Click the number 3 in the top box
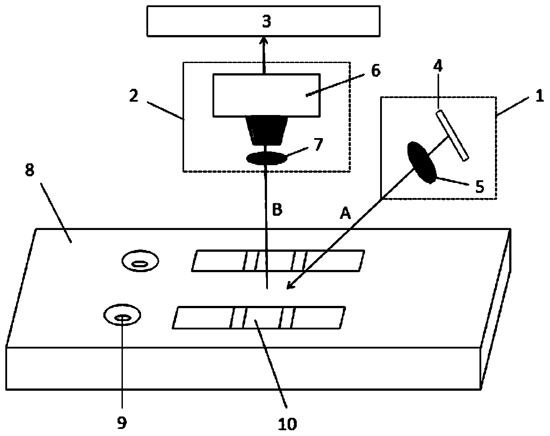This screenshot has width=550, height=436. [x=266, y=20]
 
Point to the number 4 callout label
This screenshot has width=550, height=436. [x=438, y=67]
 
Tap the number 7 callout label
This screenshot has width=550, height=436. [x=319, y=144]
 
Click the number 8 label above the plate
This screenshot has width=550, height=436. [x=29, y=171]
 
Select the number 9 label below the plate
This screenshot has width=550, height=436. [x=121, y=423]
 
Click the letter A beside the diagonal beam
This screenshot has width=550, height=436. [x=345, y=214]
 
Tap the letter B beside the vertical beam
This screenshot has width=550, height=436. [x=277, y=210]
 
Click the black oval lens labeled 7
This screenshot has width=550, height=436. [x=266, y=158]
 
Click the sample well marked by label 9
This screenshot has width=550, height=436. [x=122, y=317]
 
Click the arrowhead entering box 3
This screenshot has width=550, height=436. [x=264, y=40]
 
